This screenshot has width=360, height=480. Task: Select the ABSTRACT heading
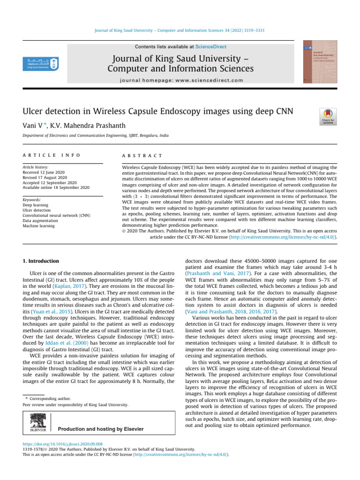[x=142, y=155]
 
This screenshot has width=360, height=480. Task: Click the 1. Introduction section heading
[x=41, y=261]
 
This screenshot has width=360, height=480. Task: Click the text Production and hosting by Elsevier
[x=100, y=429]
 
